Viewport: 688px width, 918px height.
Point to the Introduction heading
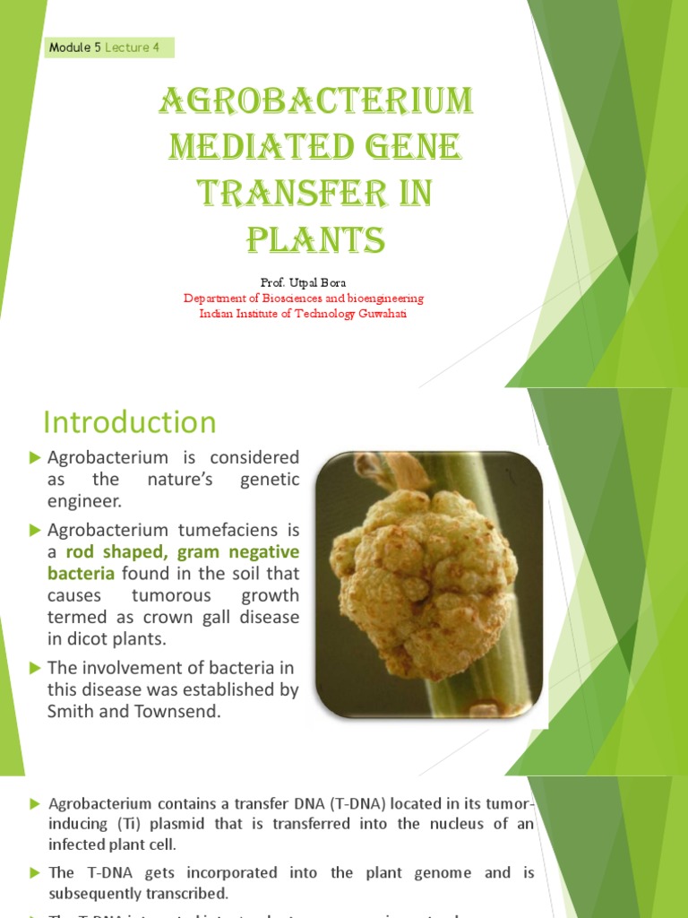point(130,421)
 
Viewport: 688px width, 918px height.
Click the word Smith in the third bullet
point(69,712)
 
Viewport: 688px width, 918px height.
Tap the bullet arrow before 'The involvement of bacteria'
point(35,667)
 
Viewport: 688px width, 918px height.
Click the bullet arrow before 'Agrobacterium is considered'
point(35,457)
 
